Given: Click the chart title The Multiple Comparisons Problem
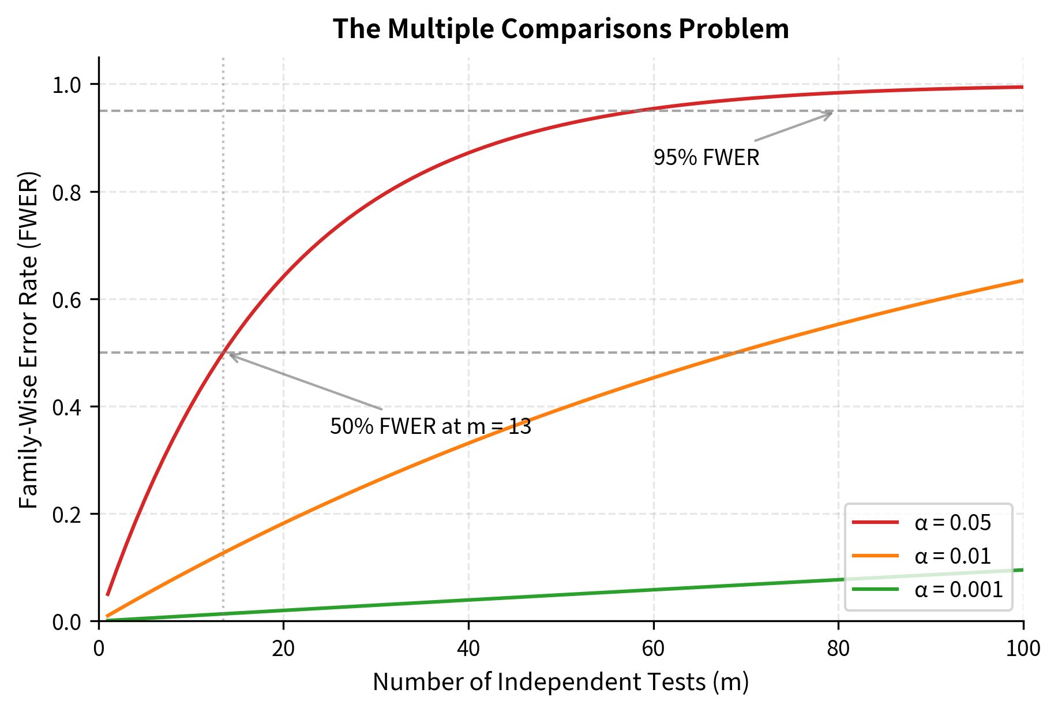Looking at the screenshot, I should coord(561,29).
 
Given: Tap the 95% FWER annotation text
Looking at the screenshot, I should coord(706,158).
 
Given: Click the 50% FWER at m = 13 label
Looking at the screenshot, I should coord(430,427).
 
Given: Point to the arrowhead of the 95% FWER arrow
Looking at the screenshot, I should coord(832,112).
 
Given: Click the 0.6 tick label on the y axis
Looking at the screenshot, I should coord(68,299).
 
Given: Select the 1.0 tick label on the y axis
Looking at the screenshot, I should coord(68,85).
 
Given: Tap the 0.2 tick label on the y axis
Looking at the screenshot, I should coord(68,514).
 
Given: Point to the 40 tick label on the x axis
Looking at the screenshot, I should coord(468,649).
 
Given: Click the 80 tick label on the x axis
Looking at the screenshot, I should coord(838,649).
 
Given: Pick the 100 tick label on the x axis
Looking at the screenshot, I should coord(1023,649).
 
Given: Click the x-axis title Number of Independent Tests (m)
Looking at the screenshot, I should coord(561,682).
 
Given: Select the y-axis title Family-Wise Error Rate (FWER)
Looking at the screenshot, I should coord(29,339).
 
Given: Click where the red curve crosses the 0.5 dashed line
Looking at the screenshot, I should coord(223,353).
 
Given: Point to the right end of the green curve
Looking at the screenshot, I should coord(1022,570).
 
